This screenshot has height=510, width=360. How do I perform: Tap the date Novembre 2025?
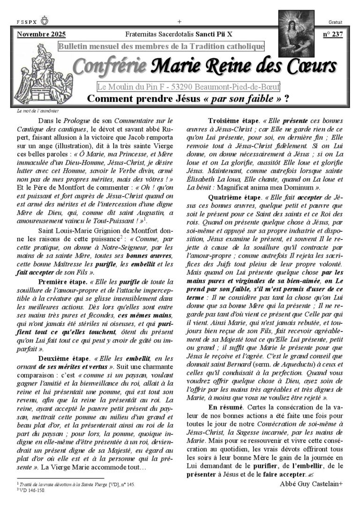pyautogui.click(x=41, y=34)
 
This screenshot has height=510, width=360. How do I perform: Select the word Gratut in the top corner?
pyautogui.click(x=336, y=22)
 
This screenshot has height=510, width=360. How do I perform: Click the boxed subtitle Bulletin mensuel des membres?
pyautogui.click(x=161, y=46)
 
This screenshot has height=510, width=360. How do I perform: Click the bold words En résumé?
pyautogui.click(x=226, y=407)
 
